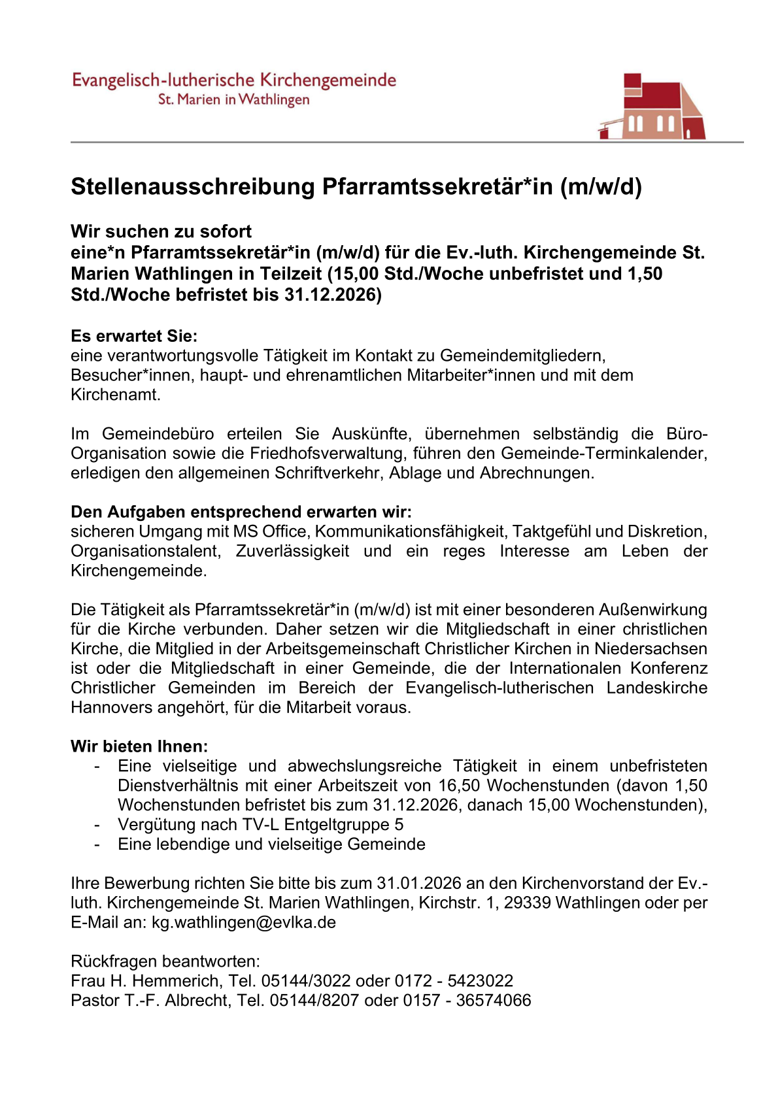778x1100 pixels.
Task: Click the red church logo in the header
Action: tap(652, 107)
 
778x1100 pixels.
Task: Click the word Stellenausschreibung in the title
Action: tap(193, 187)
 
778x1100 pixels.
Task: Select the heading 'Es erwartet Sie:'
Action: tap(134, 336)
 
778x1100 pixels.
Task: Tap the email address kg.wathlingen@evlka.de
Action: tap(244, 922)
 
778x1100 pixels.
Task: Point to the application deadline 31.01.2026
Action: tap(419, 883)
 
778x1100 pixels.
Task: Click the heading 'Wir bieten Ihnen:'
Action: tap(139, 746)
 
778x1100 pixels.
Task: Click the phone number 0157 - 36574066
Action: tap(467, 1001)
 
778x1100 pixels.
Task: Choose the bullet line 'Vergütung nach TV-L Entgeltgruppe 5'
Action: tap(260, 824)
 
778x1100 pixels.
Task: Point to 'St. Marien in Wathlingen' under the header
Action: tap(233, 100)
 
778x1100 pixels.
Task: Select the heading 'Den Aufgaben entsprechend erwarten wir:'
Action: tap(241, 512)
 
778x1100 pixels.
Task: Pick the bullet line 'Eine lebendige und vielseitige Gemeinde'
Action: tap(271, 844)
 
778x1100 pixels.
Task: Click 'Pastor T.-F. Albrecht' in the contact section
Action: tap(150, 1001)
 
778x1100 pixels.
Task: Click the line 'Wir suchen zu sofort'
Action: tap(161, 231)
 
